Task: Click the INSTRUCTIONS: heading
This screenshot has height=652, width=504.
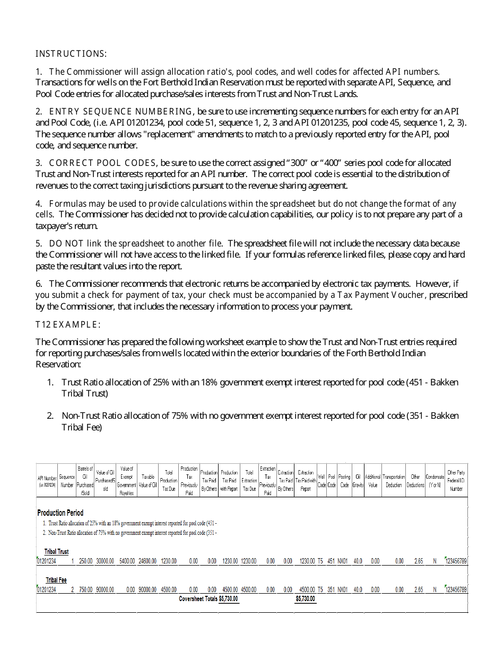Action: point(71,54)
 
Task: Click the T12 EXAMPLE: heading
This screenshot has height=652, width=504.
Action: point(68,324)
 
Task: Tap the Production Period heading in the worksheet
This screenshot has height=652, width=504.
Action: point(60,513)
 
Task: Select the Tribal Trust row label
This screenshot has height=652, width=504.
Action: point(56,552)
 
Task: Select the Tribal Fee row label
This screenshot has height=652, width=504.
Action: point(56,580)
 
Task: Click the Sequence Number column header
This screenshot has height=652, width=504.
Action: point(67,481)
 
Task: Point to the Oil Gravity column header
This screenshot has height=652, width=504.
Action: point(358,481)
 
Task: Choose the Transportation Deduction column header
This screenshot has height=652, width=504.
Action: point(394,481)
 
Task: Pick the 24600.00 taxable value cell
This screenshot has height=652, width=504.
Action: point(147,561)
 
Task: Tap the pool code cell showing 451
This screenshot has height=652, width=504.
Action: point(331,561)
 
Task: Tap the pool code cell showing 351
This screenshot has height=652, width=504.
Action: point(331,589)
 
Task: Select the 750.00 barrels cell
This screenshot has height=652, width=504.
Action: point(85,589)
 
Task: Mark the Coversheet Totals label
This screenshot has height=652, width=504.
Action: point(198,599)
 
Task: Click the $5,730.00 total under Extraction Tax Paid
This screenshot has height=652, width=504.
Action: point(306,599)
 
